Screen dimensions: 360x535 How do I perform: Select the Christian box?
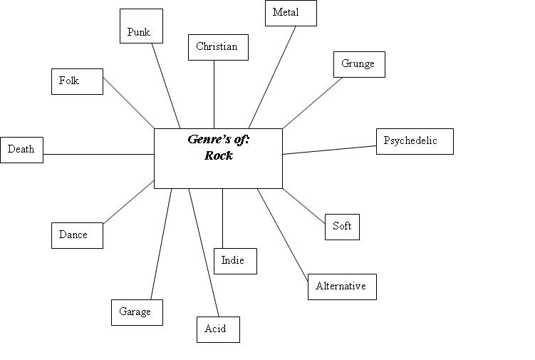tap(218, 48)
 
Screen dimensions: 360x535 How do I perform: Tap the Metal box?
tap(291, 14)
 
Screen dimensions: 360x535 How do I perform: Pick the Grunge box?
tap(359, 64)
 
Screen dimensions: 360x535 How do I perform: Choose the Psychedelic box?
tap(415, 141)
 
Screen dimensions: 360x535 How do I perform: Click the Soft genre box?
tap(342, 227)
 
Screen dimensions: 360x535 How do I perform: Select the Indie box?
tap(235, 261)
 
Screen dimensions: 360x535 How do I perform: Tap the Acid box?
tap(218, 329)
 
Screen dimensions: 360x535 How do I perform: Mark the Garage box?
tap(137, 312)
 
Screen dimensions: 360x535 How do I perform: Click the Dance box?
tap(77, 235)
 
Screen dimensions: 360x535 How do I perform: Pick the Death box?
tap(21, 150)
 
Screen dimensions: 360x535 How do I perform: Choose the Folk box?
tap(77, 81)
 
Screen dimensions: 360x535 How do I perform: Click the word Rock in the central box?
tap(218, 155)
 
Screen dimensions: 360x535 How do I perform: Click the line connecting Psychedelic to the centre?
tap(329, 150)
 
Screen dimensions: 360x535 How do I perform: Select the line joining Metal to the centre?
tap(272, 77)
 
